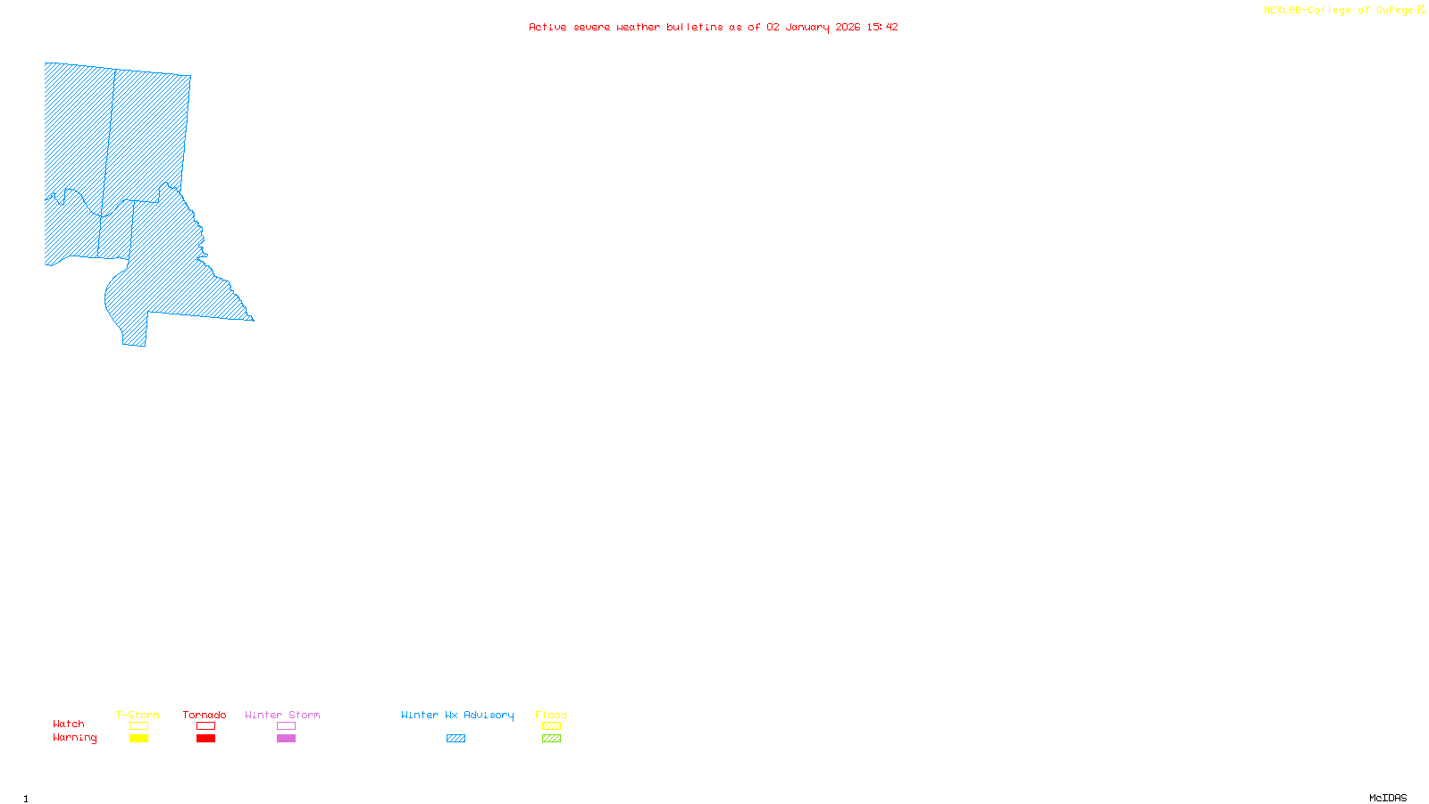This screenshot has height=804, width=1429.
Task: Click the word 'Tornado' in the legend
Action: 205,715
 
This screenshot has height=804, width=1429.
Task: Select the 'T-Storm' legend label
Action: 138,715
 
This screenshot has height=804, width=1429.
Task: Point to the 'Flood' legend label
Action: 551,715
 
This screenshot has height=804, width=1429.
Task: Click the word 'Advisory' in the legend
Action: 489,715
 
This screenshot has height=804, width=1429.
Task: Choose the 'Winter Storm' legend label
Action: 282,715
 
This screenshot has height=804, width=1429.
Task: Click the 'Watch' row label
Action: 69,724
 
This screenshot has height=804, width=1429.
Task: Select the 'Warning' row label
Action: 75,738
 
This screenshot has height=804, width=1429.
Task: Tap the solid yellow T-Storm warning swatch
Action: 138,739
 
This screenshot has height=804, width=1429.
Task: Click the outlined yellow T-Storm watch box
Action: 138,726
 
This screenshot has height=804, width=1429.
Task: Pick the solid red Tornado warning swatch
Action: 205,739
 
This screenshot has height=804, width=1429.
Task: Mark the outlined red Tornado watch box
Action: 205,726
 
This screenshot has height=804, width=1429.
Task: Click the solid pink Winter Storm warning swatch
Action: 286,739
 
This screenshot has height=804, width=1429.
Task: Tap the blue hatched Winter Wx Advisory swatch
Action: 455,739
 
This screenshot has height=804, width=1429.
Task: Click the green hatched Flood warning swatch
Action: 551,739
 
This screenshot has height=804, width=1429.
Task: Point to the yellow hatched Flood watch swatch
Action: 551,726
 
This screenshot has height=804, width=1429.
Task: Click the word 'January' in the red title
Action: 807,27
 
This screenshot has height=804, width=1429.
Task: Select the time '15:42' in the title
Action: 882,27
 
